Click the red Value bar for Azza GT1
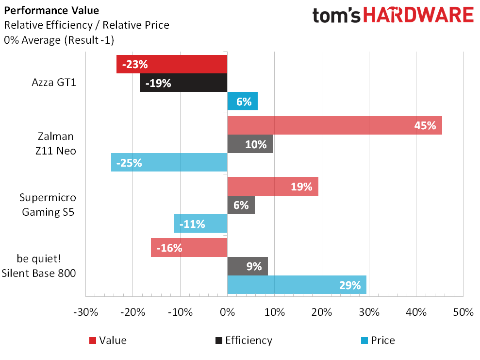[x=172, y=64]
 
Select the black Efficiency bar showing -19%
[x=183, y=83]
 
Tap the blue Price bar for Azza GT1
[x=242, y=102]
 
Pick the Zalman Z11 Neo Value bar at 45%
[x=334, y=125]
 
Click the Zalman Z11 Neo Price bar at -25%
[x=169, y=162]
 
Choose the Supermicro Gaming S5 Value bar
[x=273, y=187]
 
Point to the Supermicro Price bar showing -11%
[x=200, y=223]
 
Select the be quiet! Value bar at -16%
[x=189, y=247]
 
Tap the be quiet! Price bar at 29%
[x=297, y=285]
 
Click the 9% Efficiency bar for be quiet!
[x=248, y=266]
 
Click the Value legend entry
[x=108, y=340]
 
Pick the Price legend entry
[x=378, y=340]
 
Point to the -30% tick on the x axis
[x=86, y=312]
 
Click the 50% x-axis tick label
[x=463, y=312]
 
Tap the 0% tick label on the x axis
[x=227, y=312]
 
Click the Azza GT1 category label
[x=53, y=83]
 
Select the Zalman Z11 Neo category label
[x=56, y=144]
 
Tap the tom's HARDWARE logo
[x=393, y=15]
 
